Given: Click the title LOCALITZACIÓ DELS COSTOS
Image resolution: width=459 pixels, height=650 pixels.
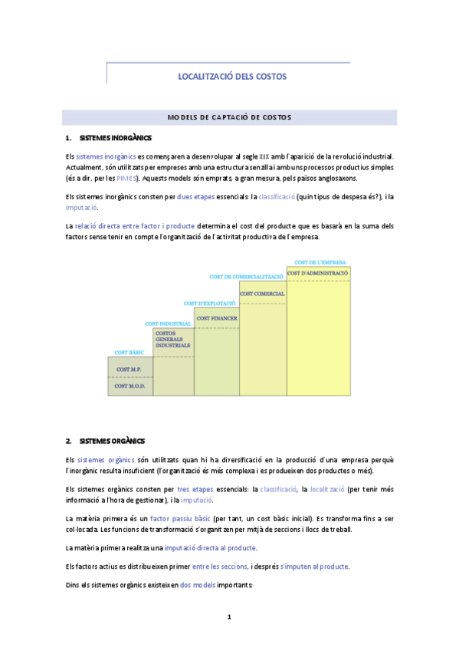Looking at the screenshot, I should point(228,77).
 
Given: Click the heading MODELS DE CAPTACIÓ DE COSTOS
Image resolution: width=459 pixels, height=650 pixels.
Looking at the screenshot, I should point(229,117).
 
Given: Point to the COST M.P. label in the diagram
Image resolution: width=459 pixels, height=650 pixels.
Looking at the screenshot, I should point(129,369).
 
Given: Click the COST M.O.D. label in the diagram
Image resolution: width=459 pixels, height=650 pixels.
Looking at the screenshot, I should point(129,386).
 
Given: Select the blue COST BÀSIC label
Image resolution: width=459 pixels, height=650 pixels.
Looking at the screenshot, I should point(130,353).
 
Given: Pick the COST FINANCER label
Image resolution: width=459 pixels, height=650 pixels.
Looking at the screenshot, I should point(217,318).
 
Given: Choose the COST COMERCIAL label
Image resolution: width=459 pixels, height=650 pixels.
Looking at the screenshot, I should point(262,294).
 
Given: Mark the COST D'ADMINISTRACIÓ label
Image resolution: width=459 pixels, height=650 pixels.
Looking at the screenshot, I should point(318,273).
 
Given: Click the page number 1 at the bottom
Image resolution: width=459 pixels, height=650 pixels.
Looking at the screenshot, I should point(229,616).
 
